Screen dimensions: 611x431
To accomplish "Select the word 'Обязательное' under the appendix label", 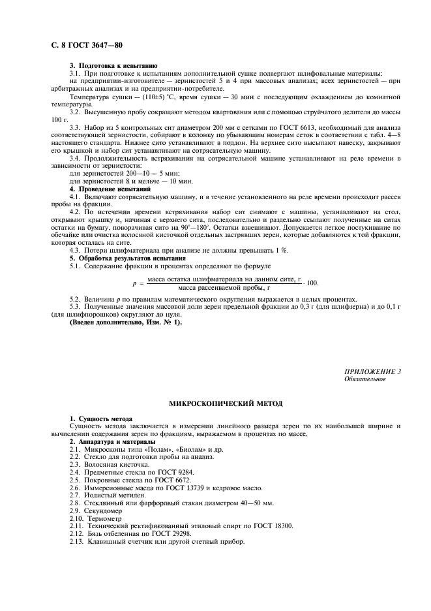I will (x=364, y=379).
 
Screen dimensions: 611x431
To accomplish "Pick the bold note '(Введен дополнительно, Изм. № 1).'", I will (x=117, y=322).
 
